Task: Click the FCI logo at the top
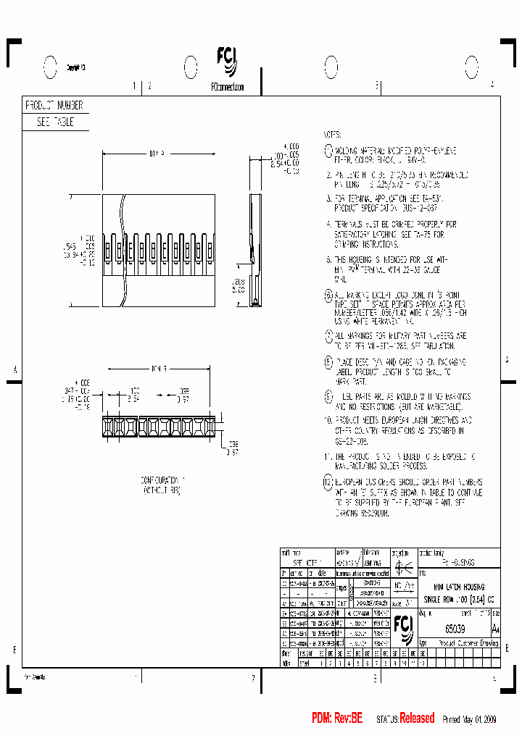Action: (226, 62)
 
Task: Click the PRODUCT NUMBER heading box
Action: (55, 106)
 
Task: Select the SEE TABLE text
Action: (55, 123)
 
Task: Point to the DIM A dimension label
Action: (157, 154)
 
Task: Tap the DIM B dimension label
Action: (159, 369)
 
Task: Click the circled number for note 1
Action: (328, 150)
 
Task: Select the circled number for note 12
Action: (328, 482)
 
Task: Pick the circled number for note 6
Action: (328, 296)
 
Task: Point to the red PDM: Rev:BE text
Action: (337, 719)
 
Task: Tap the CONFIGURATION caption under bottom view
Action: (162, 480)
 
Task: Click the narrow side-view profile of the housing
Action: (255, 250)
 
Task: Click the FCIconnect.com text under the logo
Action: (227, 86)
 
